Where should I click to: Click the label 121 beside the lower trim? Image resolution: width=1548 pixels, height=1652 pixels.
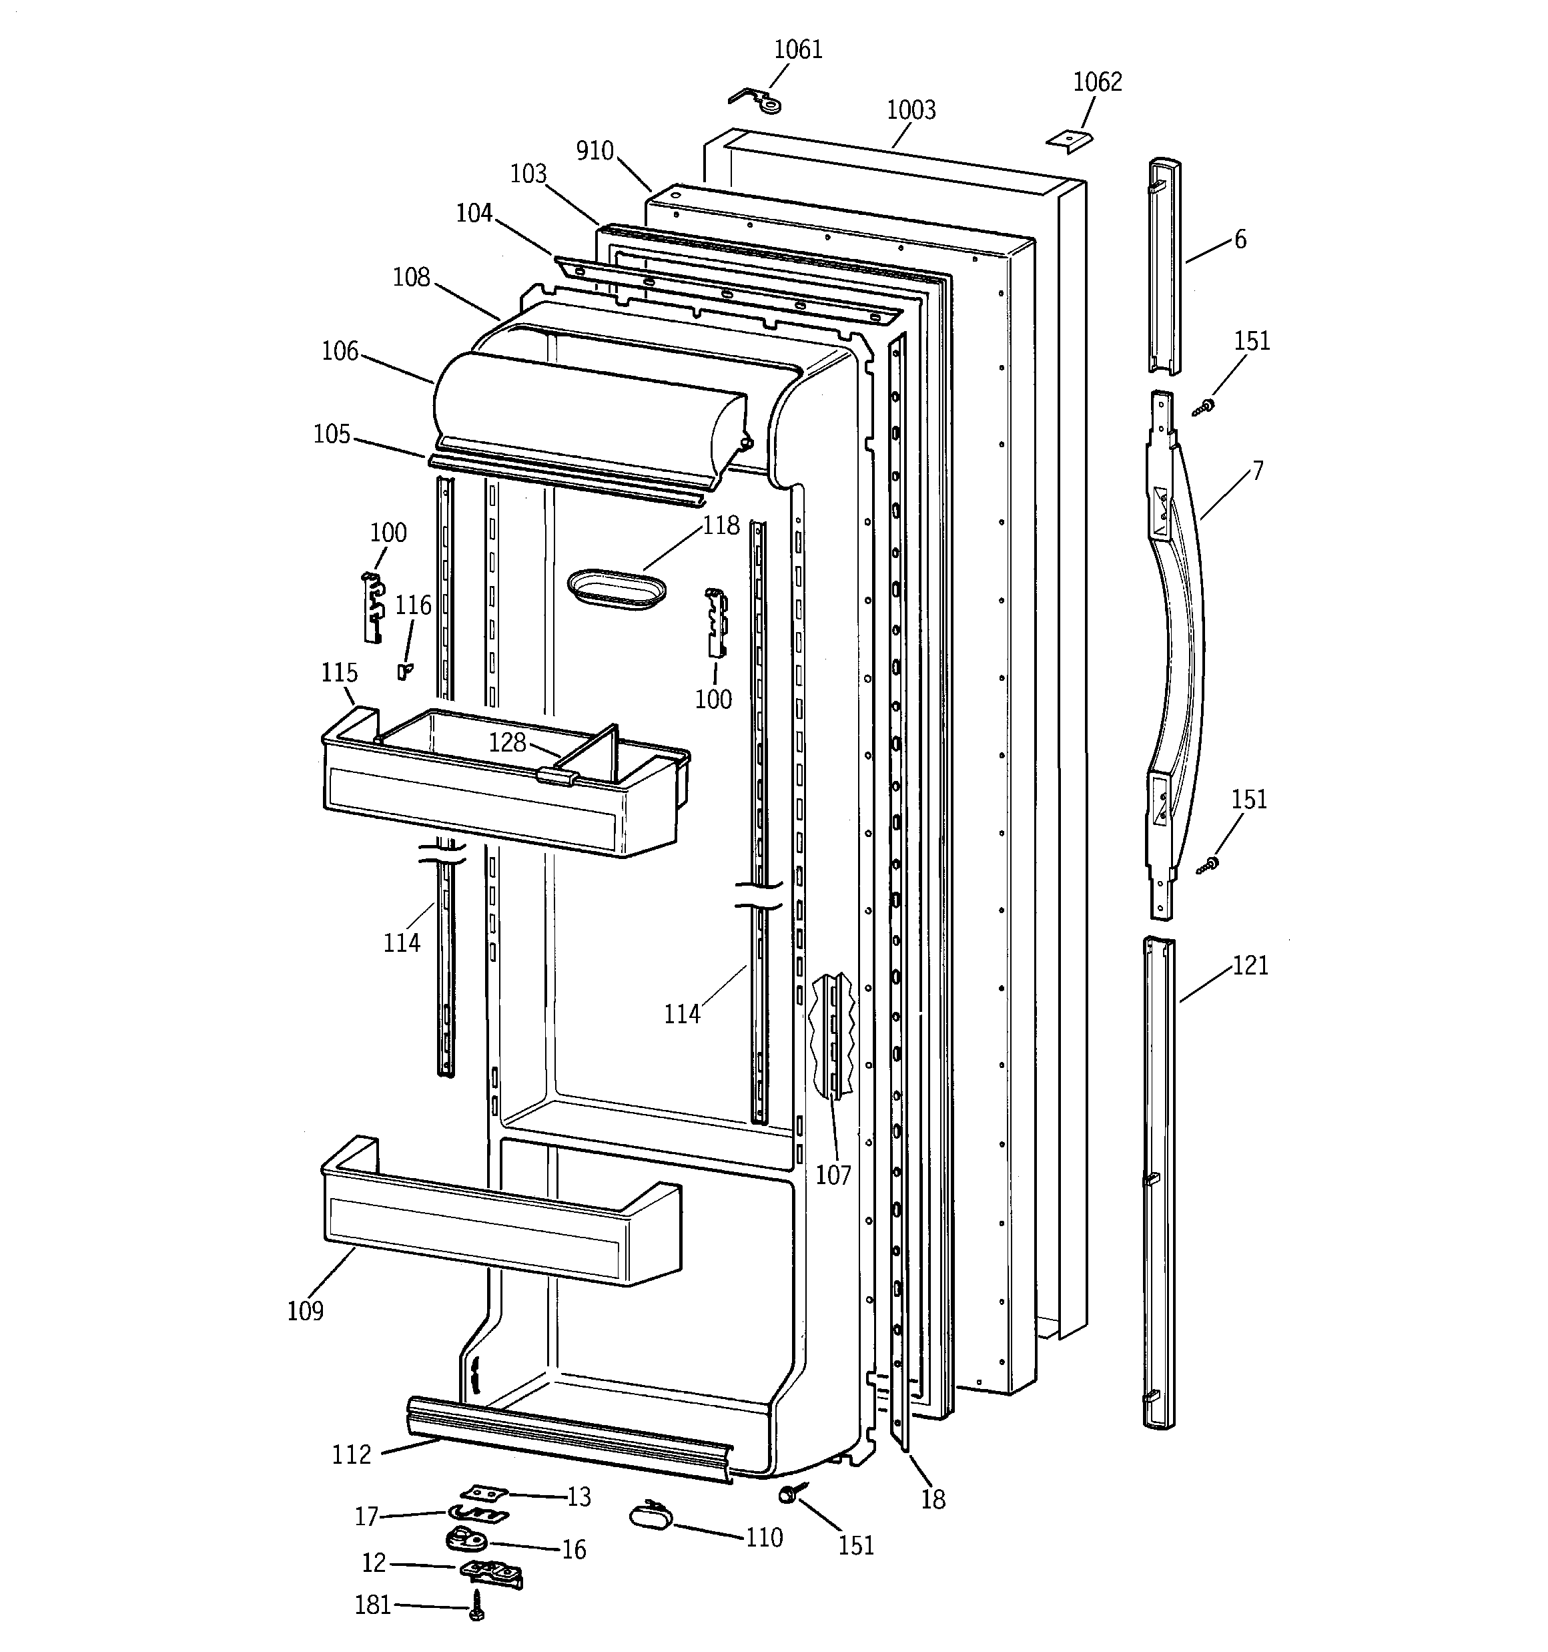[1250, 966]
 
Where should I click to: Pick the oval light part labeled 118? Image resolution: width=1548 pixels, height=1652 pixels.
[616, 587]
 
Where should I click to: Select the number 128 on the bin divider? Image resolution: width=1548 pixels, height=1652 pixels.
[507, 742]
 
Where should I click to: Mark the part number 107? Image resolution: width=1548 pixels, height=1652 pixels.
[833, 1175]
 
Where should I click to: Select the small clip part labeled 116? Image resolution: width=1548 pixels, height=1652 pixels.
[404, 669]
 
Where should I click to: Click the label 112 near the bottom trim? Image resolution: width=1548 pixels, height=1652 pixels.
[352, 1454]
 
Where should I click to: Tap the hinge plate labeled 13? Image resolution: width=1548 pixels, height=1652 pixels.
[484, 1493]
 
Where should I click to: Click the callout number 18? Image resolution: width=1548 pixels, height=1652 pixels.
[933, 1499]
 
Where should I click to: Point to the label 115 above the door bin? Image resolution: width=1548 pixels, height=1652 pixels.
[339, 672]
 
